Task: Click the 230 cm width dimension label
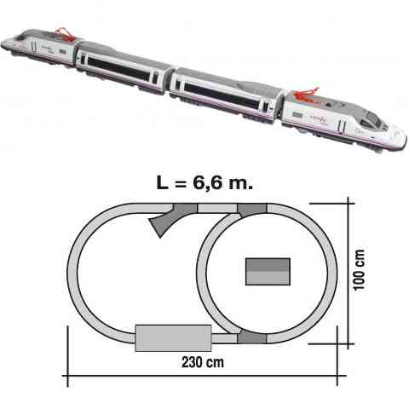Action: pos(203,362)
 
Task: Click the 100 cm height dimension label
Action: pos(360,270)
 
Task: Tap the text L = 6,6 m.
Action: pos(204,183)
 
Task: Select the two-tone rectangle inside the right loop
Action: pos(268,272)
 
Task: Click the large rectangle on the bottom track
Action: pos(173,338)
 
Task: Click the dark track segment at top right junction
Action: pos(252,210)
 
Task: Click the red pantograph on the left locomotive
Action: pos(65,34)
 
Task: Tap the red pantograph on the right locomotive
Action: pos(306,95)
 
